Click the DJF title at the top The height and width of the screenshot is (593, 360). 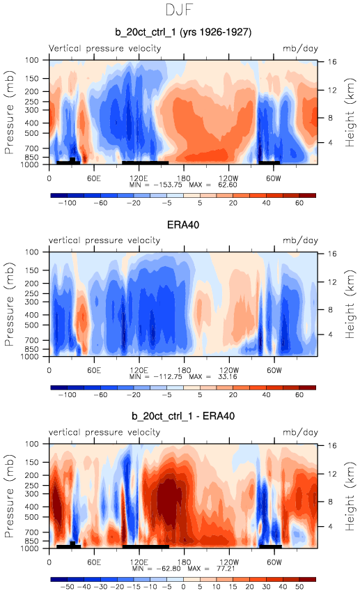180,10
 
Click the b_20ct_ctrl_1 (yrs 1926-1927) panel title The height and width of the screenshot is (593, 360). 183,32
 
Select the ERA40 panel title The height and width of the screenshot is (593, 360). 183,225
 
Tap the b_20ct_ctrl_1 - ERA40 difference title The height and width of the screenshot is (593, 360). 183,416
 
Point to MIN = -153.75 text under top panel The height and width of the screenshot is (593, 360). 156,185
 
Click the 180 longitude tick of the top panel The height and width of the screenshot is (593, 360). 184,178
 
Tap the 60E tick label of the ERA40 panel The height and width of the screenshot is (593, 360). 94,370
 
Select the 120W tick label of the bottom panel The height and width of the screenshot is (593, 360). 229,562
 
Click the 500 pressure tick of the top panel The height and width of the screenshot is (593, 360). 32,134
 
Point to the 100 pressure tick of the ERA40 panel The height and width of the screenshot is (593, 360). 32,252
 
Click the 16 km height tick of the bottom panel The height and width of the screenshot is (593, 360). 332,445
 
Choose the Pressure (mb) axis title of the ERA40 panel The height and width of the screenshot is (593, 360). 10,305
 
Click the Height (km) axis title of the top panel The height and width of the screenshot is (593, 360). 350,113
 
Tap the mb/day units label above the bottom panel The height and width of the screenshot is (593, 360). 301,432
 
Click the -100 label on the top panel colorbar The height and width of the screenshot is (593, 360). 68,203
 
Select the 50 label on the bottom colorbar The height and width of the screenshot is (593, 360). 299,587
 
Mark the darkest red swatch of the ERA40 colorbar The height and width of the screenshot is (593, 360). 307,387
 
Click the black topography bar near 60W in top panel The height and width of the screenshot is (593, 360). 269,162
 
